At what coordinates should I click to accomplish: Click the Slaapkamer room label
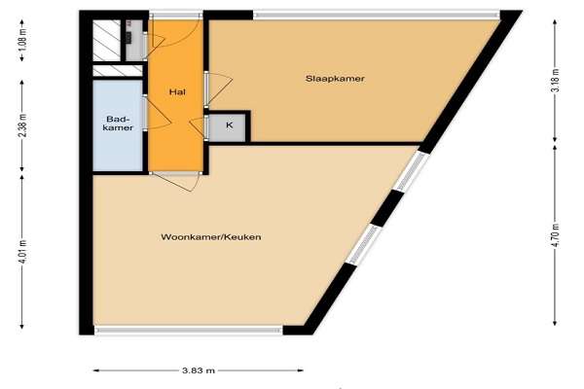point(335,79)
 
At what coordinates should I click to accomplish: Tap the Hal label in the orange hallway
point(177,92)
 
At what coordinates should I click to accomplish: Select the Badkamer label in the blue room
point(118,124)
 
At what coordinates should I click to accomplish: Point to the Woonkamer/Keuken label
point(211,237)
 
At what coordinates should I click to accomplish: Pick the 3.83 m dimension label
point(199,371)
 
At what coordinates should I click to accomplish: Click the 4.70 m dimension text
point(555,234)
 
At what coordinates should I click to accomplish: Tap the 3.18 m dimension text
point(555,81)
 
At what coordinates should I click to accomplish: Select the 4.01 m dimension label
point(22,252)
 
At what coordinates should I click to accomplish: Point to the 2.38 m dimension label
point(22,124)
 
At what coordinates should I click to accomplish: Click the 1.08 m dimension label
point(22,40)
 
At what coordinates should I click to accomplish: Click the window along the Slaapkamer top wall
point(376,16)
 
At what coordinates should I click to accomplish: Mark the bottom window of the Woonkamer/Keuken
point(189,330)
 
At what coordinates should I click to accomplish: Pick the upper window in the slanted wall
point(411,171)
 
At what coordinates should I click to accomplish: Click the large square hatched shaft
point(106,41)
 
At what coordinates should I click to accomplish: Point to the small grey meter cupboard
point(134,40)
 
